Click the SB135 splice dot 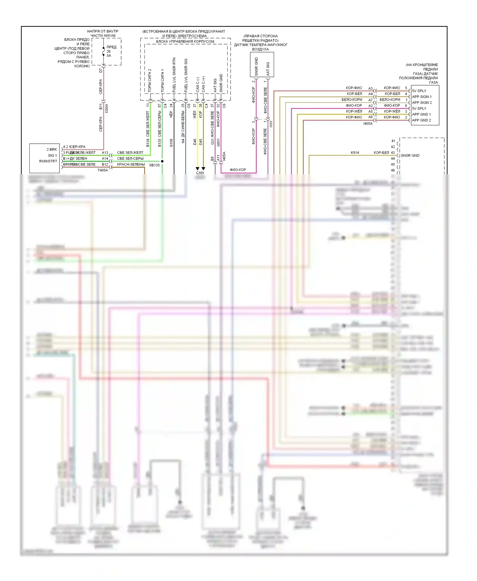pos(162,161)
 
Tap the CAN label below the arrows pos(200,173)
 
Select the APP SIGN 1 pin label pos(422,97)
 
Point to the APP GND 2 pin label pos(421,120)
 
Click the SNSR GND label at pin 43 pos(410,155)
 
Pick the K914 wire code pos(355,153)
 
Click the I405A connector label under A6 pos(368,124)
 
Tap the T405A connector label pos(103,170)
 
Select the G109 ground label pos(171,143)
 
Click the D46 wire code pos(195,142)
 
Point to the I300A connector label pos(107,108)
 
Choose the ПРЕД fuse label pos(111,47)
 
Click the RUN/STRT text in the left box pos(48,161)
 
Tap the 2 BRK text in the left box pos(52,149)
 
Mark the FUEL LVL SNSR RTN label pos(174,75)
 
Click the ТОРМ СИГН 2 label pos(150,81)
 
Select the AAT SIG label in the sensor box pos(268,69)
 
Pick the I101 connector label pos(271,124)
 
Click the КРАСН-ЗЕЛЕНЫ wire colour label pos(131,164)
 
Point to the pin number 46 pos(393,170)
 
